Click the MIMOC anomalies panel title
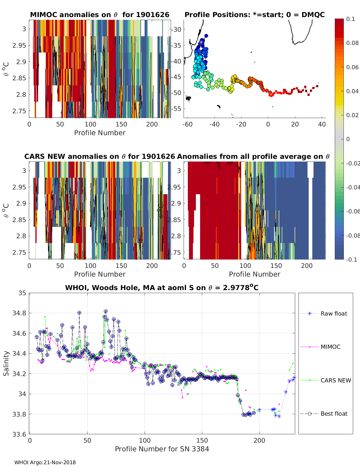coord(100,15)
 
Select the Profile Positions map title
coord(254,15)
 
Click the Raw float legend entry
coord(334,313)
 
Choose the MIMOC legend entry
coord(330,347)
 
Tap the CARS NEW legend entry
coord(335,380)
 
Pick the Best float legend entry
coord(334,414)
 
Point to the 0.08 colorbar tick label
coord(352,43)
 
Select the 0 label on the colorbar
coord(348,139)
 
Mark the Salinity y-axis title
coord(6,363)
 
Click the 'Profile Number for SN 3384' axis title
coord(162,449)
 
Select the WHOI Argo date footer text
coord(45,462)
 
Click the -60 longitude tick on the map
coord(187,124)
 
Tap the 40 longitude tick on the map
coord(322,124)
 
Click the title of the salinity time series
coord(162,288)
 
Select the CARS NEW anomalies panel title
coord(100,156)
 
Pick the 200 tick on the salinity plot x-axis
coord(259,440)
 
